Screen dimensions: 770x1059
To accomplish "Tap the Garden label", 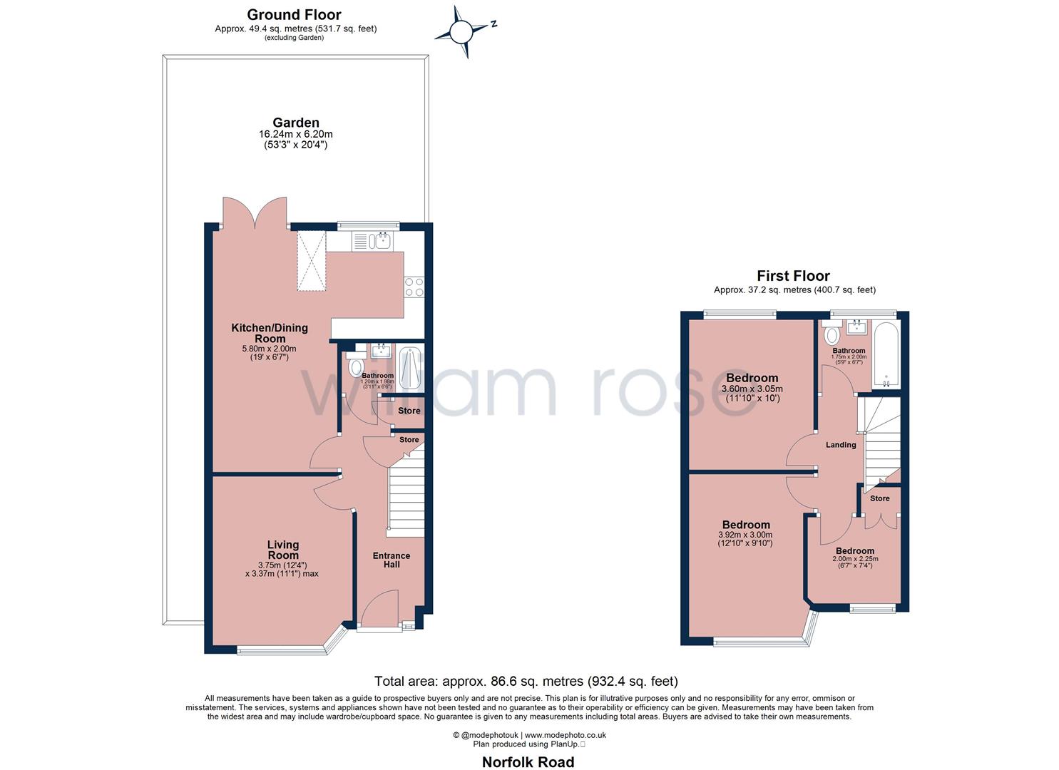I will (295, 123).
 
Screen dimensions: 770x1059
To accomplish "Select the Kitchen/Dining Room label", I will (269, 333).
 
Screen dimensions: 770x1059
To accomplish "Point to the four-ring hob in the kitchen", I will (414, 287).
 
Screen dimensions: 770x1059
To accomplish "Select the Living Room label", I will (283, 550).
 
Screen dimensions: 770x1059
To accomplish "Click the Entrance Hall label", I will (392, 560).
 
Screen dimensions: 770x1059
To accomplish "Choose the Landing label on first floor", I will (841, 445).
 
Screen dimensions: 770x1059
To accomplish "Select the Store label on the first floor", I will (879, 498).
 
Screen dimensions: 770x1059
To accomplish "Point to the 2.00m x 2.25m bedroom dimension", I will (855, 559).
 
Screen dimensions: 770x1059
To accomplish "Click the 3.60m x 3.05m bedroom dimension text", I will (752, 389).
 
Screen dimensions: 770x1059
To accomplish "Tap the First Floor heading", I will (793, 276).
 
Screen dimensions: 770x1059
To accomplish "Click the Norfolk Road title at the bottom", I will (528, 762).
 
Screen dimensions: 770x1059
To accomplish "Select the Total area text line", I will (526, 682).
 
